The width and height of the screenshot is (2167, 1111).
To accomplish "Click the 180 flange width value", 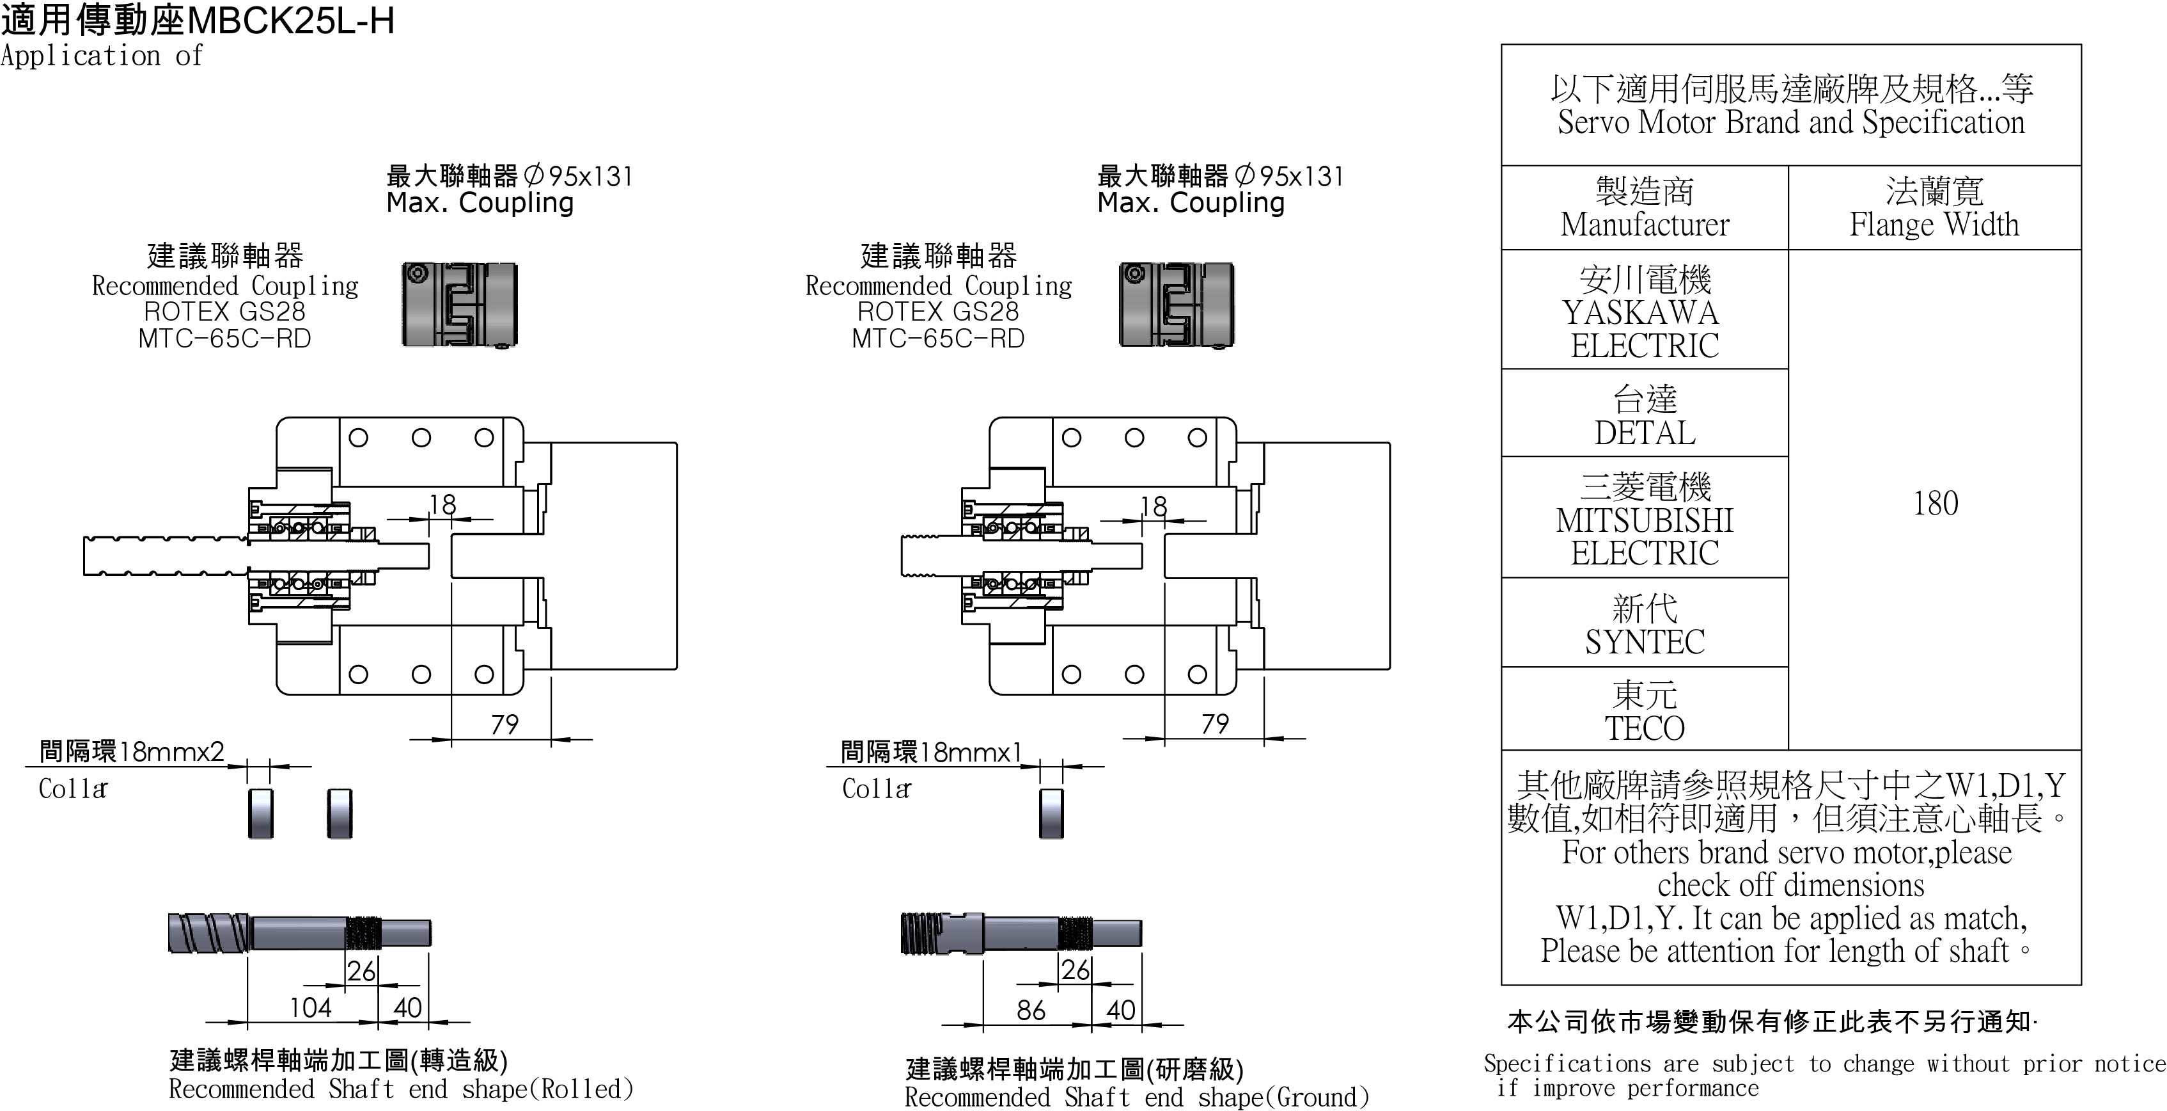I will coord(1935,503).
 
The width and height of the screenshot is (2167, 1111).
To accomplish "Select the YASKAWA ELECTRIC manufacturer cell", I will coord(1644,312).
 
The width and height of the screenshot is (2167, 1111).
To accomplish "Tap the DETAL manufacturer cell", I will coord(1644,415).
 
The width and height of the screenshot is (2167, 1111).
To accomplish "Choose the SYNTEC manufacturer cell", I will coord(1644,625).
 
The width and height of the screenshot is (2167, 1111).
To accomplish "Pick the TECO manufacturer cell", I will coord(1644,711).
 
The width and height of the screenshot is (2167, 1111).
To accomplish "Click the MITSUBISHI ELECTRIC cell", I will coord(1644,519).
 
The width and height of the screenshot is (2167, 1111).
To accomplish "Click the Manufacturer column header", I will coord(1644,209).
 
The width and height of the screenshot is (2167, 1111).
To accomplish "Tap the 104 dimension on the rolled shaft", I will coord(310,1007).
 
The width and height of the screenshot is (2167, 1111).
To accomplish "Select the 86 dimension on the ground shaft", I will coord(1031,1010).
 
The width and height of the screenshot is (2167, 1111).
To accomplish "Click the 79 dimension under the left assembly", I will coord(505,724).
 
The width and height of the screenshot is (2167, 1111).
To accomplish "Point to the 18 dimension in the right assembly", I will coord(1154,506).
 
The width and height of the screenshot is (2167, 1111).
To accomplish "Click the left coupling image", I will coord(459,305).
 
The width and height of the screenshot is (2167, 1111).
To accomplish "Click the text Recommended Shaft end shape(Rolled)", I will coord(400,1089).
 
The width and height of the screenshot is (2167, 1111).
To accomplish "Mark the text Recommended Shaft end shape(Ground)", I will coord(1136,1098).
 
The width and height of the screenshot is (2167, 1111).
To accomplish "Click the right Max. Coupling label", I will coord(1191,203).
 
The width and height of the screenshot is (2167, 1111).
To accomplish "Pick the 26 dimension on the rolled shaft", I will coord(361,971).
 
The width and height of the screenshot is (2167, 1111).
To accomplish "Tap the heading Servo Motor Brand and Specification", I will coord(1790,123).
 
